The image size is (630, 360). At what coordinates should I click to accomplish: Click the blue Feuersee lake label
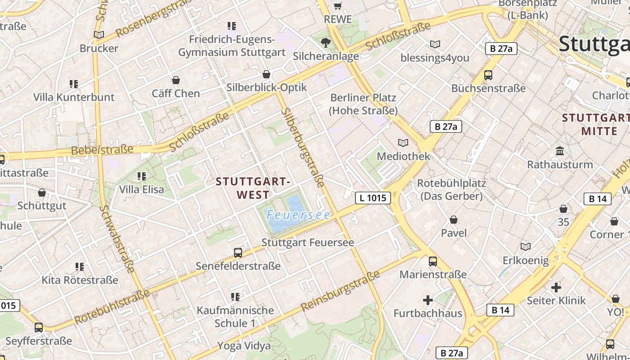pos(298,215)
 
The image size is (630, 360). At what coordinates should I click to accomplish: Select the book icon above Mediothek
pos(403,143)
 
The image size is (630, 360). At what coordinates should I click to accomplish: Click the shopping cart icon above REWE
pos(338,6)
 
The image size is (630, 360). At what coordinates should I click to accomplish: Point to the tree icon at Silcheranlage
pos(326,43)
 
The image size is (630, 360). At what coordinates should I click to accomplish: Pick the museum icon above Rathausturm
pos(560,151)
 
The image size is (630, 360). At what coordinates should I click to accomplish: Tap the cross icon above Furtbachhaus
pos(427,300)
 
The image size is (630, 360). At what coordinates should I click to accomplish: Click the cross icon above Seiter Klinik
pos(556,287)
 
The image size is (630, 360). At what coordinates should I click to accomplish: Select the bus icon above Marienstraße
pos(433,261)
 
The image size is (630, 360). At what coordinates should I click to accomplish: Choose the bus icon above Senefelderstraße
pos(238,253)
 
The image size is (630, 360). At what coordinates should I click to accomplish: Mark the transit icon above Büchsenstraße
pos(488,75)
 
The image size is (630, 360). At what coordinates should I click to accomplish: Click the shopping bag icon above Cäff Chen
pos(175,80)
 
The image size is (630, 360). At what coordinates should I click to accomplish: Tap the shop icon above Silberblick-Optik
pos(266,74)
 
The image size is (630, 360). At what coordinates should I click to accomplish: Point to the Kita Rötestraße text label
pos(80,280)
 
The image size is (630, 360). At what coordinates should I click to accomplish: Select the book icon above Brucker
pos(99,35)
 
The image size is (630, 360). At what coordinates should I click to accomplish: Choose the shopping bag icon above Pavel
pos(454,220)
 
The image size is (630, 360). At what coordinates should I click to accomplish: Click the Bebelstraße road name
pos(102,149)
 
